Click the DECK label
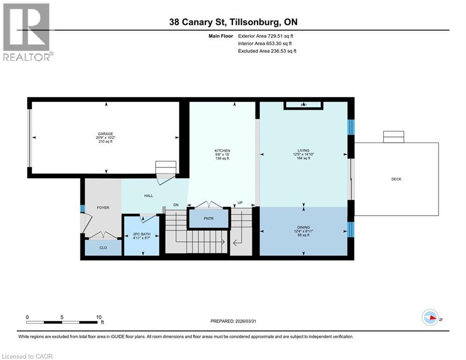tap(396, 179)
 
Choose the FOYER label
tap(103, 207)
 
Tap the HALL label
tap(148, 196)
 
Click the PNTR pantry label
tap(208, 219)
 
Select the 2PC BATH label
tap(141, 234)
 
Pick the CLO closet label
tap(103, 247)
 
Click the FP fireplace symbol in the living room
tap(303, 105)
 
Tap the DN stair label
tap(176, 205)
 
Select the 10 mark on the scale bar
tap(99, 317)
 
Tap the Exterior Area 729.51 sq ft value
tap(266, 36)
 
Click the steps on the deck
tap(393, 137)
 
